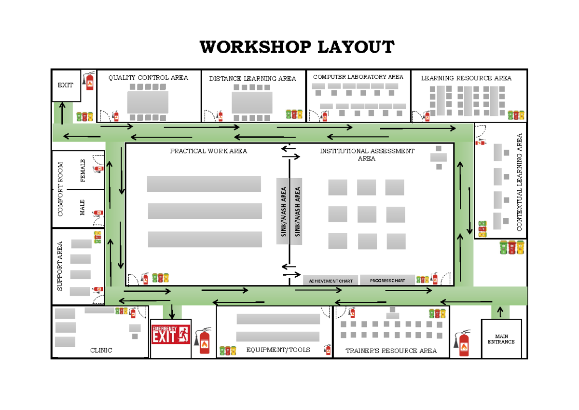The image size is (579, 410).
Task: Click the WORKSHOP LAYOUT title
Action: click(x=297, y=48)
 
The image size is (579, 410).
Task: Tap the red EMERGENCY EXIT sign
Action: click(x=170, y=334)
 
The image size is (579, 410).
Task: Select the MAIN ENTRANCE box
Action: click(x=501, y=339)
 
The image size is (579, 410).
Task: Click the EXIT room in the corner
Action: click(x=66, y=85)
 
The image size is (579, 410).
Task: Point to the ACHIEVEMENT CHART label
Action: click(x=331, y=281)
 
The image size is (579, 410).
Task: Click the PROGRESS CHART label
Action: click(x=387, y=281)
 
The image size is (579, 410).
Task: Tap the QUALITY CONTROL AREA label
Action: click(x=148, y=78)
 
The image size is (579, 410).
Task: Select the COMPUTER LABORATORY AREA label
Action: click(x=358, y=77)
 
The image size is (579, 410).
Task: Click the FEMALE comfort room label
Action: click(x=83, y=170)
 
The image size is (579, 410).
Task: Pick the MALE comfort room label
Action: click(x=83, y=208)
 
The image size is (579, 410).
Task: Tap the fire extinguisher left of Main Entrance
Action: click(x=464, y=343)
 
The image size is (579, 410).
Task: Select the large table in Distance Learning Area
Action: click(x=252, y=102)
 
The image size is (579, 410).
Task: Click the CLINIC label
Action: click(x=101, y=350)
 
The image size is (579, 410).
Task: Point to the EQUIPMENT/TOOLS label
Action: click(x=278, y=350)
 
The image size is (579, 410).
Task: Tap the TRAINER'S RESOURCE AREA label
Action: click(x=391, y=351)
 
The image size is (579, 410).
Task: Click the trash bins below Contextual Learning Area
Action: click(x=511, y=247)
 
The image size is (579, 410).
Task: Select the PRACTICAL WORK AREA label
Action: click(x=208, y=151)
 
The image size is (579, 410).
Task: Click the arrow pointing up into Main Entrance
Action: click(x=500, y=312)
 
